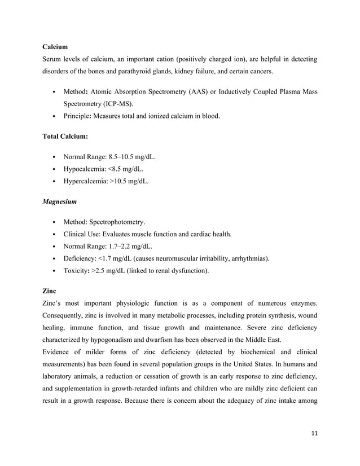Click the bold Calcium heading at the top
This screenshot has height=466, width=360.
tap(55, 47)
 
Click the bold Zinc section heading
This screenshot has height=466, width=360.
tap(50, 291)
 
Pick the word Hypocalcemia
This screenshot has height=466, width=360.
tap(84, 169)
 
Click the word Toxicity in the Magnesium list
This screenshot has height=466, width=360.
tap(76, 271)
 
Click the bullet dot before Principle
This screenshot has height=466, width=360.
tap(52, 117)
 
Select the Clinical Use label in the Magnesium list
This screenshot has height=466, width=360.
tap(82, 234)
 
